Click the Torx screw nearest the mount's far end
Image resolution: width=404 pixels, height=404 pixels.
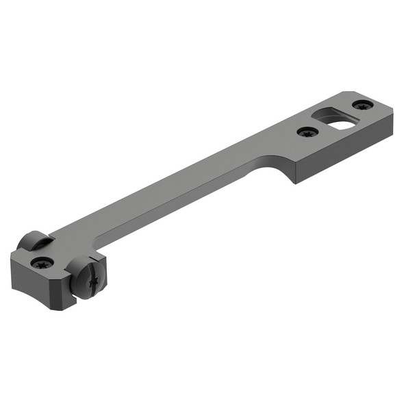coord(363,105)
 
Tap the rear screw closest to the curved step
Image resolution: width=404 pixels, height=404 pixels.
coord(306,131)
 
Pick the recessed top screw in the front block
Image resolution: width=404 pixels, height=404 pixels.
coord(43,262)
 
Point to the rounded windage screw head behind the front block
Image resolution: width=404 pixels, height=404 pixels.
coord(34,240)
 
